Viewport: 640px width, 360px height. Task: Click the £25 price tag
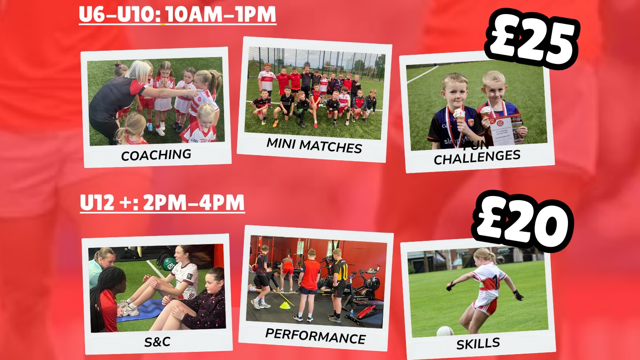tap(531, 38)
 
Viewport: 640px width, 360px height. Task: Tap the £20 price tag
tap(523, 222)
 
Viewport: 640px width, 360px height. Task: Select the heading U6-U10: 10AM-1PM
tap(177, 14)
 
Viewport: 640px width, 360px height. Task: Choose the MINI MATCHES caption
tap(314, 145)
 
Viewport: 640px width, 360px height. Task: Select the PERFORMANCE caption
tap(315, 336)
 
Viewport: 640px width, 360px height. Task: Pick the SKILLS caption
tap(478, 343)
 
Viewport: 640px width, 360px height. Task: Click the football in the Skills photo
tap(445, 331)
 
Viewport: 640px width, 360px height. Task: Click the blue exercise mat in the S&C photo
tap(140, 310)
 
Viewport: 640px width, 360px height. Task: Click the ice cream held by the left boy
tap(459, 115)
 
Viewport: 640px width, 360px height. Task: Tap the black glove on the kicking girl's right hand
tap(518, 295)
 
